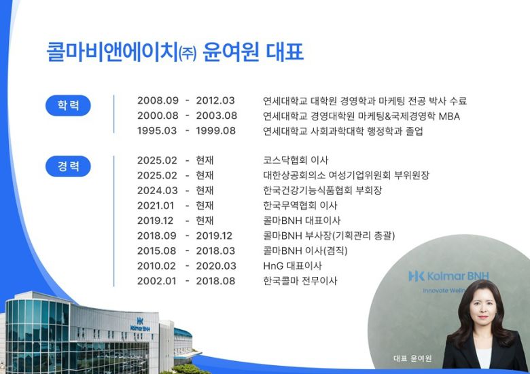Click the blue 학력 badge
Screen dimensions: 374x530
click(68, 106)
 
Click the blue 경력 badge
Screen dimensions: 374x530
click(68, 166)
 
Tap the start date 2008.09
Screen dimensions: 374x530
click(158, 101)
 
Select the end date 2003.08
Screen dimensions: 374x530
click(216, 116)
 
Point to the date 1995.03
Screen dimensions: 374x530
click(158, 131)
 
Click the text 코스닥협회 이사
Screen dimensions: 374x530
click(296, 161)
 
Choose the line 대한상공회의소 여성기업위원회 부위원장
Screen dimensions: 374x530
click(346, 176)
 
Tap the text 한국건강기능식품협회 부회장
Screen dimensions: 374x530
click(322, 191)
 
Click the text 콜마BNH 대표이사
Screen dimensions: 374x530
click(301, 221)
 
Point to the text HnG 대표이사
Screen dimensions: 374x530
click(292, 265)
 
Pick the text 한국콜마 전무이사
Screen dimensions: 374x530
click(300, 280)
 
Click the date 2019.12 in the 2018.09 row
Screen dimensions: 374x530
click(214, 236)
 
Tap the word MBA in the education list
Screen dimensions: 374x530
click(449, 116)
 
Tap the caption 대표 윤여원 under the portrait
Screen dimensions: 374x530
click(412, 358)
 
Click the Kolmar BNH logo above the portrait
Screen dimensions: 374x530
click(448, 276)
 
